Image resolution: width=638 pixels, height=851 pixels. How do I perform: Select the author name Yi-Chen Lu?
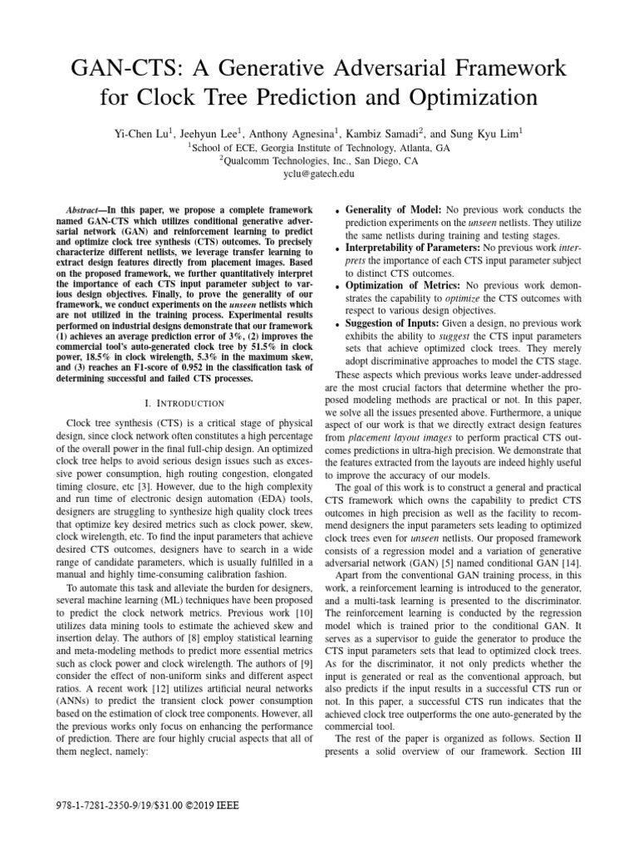click(141, 134)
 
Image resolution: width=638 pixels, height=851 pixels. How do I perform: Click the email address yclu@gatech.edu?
click(318, 175)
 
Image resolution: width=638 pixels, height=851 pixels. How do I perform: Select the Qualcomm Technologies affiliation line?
click(318, 161)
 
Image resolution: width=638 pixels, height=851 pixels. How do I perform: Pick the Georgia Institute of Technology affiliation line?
click(318, 148)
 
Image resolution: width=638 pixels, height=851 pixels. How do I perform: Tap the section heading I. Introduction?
click(184, 403)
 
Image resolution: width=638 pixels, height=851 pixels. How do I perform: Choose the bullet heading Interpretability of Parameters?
click(411, 248)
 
